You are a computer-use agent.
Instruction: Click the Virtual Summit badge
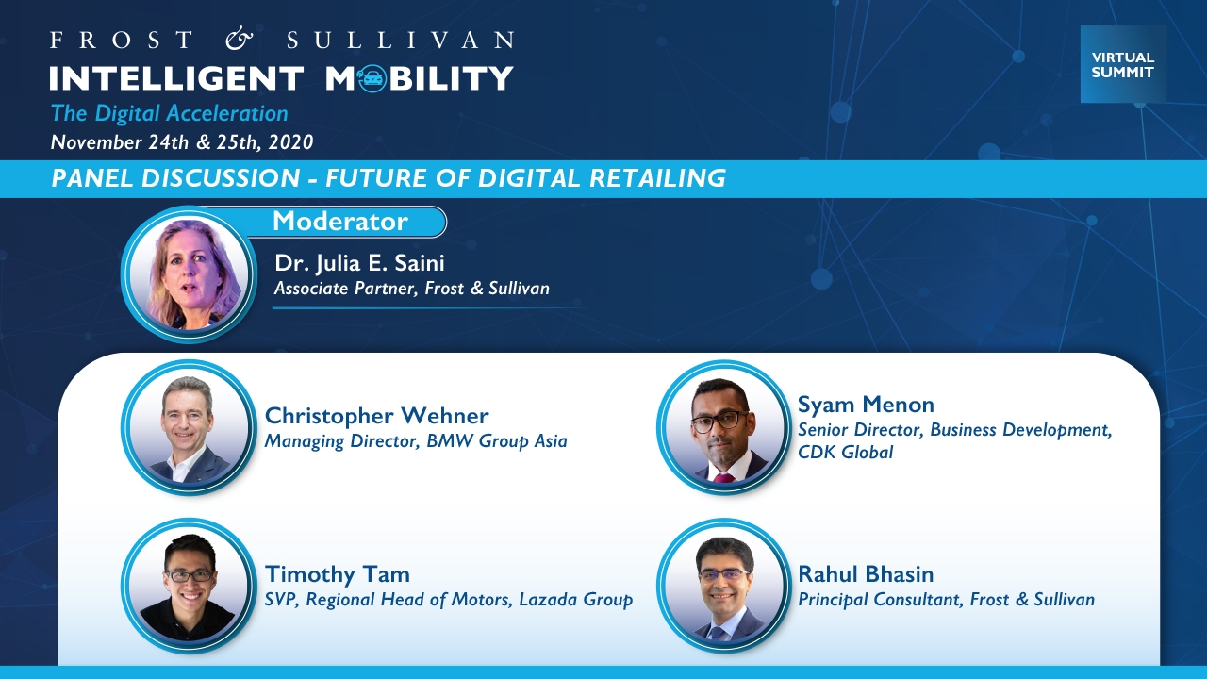click(x=1123, y=64)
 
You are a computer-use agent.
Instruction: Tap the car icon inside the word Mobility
click(x=372, y=78)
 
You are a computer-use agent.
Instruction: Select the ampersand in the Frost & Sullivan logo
click(x=240, y=40)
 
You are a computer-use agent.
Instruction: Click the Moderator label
click(x=340, y=221)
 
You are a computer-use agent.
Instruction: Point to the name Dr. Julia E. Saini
click(x=359, y=263)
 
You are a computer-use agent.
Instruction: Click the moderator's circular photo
click(x=189, y=273)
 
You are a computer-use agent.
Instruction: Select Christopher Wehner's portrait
click(x=189, y=427)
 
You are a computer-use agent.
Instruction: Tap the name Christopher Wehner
click(x=376, y=416)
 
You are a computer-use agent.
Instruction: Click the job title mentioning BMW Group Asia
click(x=416, y=441)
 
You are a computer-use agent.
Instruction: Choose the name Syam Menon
click(x=866, y=405)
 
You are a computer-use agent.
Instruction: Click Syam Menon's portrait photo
click(x=723, y=427)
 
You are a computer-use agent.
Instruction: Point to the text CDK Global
click(x=845, y=452)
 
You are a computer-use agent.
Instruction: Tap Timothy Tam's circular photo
click(x=189, y=587)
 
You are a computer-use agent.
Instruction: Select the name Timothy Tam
click(x=337, y=574)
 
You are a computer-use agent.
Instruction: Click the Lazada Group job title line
click(x=448, y=600)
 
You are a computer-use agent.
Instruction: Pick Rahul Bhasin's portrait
click(x=723, y=587)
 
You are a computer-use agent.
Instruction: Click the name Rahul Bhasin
click(x=866, y=574)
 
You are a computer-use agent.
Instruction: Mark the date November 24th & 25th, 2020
click(x=182, y=142)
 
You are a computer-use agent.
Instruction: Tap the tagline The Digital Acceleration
click(x=169, y=114)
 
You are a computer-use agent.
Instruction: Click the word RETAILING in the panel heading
click(x=657, y=178)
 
